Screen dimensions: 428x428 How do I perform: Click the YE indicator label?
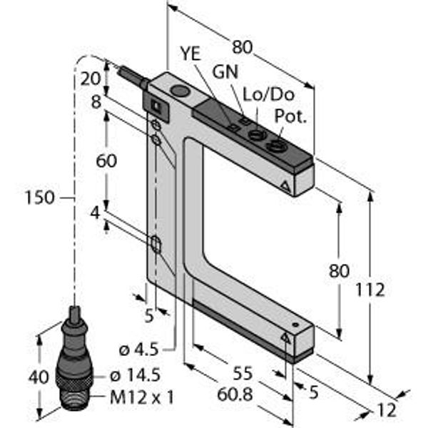(190, 53)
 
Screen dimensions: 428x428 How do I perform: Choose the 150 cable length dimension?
(39, 198)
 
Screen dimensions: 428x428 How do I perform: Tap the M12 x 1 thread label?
(142, 397)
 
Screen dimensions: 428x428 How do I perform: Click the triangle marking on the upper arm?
(287, 188)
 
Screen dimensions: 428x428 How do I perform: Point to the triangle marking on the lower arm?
(287, 336)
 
